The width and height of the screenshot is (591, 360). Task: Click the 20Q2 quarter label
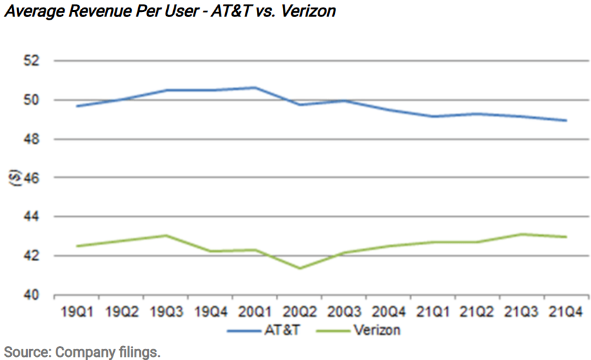pyautogui.click(x=299, y=312)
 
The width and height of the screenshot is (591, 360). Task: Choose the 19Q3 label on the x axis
pyautogui.click(x=166, y=312)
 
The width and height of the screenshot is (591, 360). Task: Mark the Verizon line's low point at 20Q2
pyautogui.click(x=299, y=268)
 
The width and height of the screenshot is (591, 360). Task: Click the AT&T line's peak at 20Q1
pyautogui.click(x=254, y=87)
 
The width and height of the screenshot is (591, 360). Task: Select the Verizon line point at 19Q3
pyautogui.click(x=166, y=236)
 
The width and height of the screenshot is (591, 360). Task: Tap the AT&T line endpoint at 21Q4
pyautogui.click(x=566, y=120)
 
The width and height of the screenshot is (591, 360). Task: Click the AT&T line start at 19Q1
pyautogui.click(x=77, y=106)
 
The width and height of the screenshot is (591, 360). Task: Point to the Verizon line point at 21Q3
pyautogui.click(x=521, y=235)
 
